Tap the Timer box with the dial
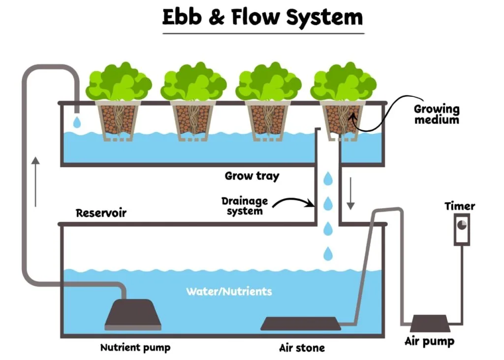click(x=462, y=229)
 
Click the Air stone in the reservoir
click(x=300, y=324)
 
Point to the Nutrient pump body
click(x=133, y=315)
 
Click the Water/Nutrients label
click(x=228, y=292)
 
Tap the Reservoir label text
click(x=101, y=213)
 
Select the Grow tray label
click(x=252, y=176)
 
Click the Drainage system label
click(x=245, y=206)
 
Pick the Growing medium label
click(x=436, y=114)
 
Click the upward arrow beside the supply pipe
click(x=35, y=182)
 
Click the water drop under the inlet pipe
click(x=76, y=121)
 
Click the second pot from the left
click(x=193, y=120)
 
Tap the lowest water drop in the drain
click(x=328, y=254)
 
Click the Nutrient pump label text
click(x=135, y=348)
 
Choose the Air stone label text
click(x=302, y=348)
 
